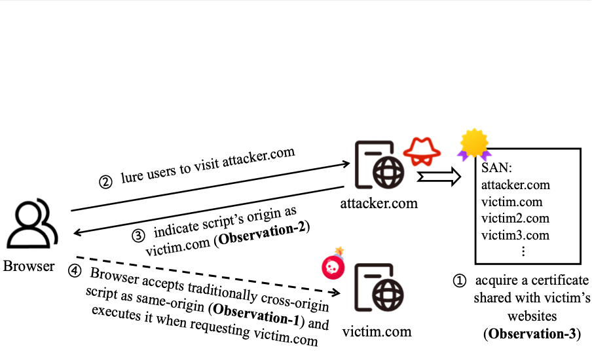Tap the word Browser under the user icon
point(29,266)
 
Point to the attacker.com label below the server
point(379,203)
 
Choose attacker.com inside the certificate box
point(515,185)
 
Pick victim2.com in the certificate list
point(515,218)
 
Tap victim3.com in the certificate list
point(515,235)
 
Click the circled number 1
point(460,281)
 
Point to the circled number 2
point(105,183)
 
